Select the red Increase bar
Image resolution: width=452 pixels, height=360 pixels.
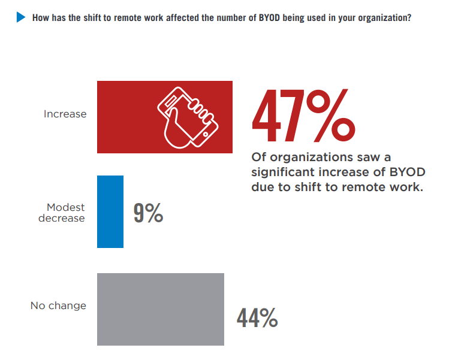pyautogui.click(x=164, y=117)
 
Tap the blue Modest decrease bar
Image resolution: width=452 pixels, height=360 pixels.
pyautogui.click(x=110, y=211)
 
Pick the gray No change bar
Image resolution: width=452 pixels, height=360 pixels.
pyautogui.click(x=161, y=309)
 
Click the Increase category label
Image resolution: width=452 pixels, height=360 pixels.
pyautogui.click(x=65, y=114)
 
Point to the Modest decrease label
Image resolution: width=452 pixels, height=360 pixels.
pyautogui.click(x=62, y=213)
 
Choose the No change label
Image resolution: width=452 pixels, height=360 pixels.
pyautogui.click(x=58, y=305)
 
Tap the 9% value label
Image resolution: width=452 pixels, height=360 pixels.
pyautogui.click(x=148, y=214)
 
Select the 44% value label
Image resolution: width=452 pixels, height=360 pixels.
pyautogui.click(x=257, y=318)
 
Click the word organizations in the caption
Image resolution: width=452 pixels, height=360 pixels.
pyautogui.click(x=302, y=158)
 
